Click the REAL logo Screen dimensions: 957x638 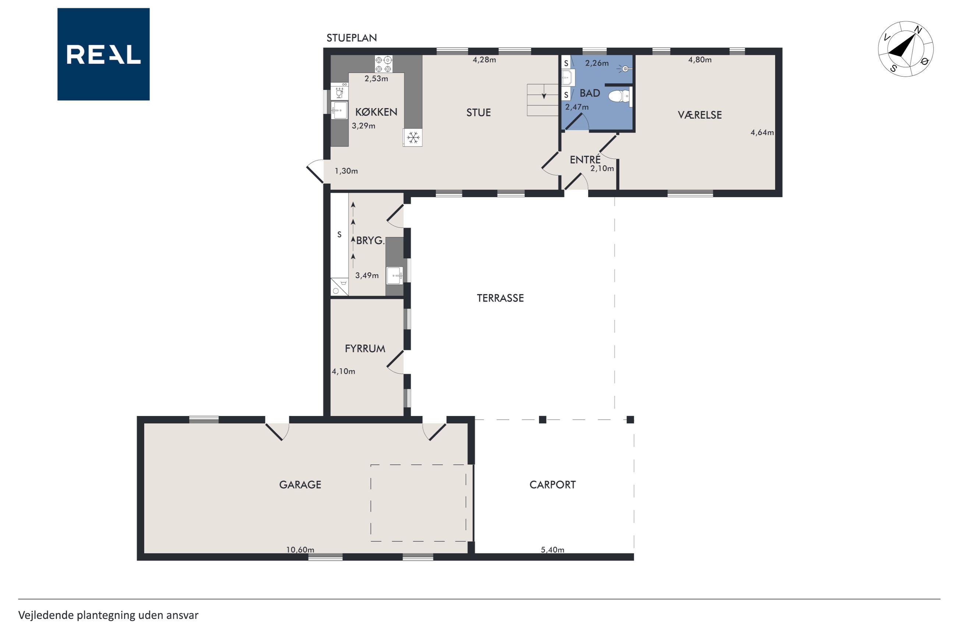pyautogui.click(x=103, y=54)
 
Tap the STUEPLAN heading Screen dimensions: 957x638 pyautogui.click(x=352, y=38)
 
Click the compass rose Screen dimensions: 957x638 pyautogui.click(x=905, y=49)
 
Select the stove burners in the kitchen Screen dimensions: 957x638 pyautogui.click(x=384, y=64)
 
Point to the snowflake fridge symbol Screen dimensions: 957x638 pyautogui.click(x=413, y=138)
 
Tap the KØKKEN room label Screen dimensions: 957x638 pyautogui.click(x=376, y=112)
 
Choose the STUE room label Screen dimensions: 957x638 pyautogui.click(x=478, y=112)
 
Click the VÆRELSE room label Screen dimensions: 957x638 pyautogui.click(x=700, y=115)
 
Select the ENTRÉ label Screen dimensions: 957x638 pyautogui.click(x=585, y=159)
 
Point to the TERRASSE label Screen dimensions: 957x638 pyautogui.click(x=500, y=298)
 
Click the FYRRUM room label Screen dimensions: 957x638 pyautogui.click(x=365, y=348)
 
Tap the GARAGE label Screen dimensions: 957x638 pyautogui.click(x=300, y=484)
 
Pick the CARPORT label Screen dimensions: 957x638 pyautogui.click(x=552, y=484)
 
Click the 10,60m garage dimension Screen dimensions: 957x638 pyautogui.click(x=300, y=550)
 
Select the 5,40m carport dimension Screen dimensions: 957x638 pyautogui.click(x=552, y=550)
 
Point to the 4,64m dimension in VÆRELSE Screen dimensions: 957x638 pyautogui.click(x=762, y=132)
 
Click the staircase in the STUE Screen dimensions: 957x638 pyautogui.click(x=543, y=100)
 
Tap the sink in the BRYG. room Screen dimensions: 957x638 pyautogui.click(x=395, y=276)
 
